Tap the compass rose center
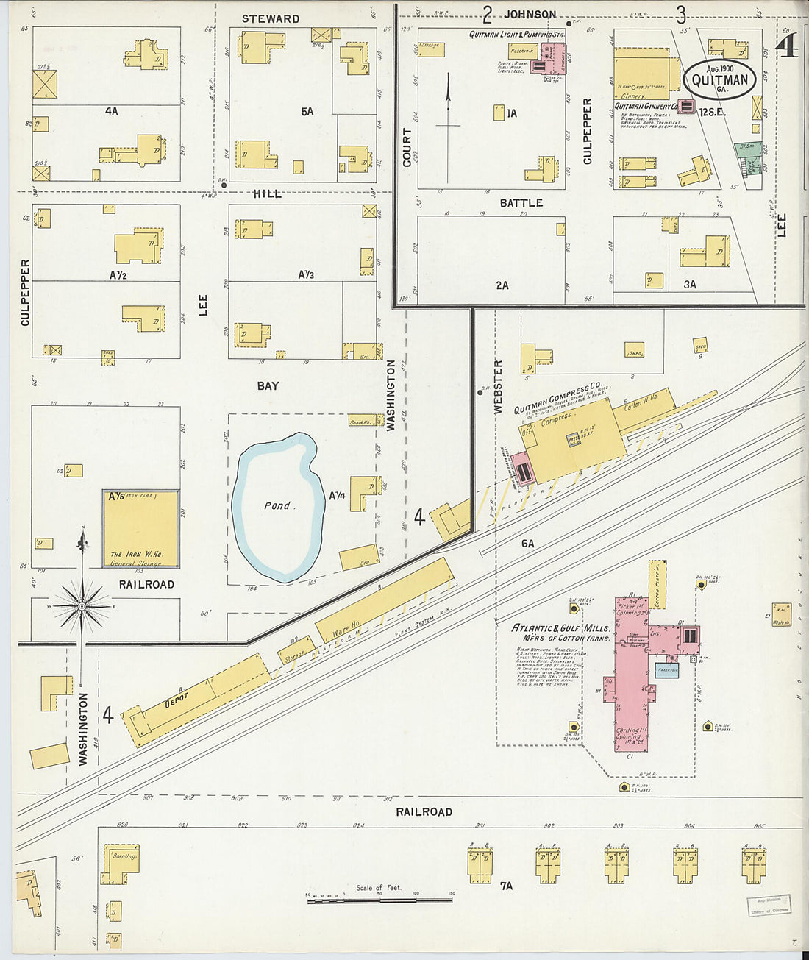[x=82, y=606]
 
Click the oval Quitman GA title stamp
[x=720, y=80]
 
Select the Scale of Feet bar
[x=380, y=899]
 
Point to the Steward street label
[x=271, y=18]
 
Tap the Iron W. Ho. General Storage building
[x=140, y=529]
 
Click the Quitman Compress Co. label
[x=559, y=397]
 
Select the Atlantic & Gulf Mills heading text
[x=561, y=633]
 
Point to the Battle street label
[x=521, y=202]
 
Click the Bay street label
[x=268, y=385]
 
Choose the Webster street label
[x=498, y=387]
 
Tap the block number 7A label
[x=506, y=886]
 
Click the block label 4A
[x=111, y=112]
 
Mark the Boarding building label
[x=124, y=856]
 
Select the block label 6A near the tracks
[x=527, y=543]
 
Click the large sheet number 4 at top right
[x=788, y=46]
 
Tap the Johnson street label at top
[x=530, y=14]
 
